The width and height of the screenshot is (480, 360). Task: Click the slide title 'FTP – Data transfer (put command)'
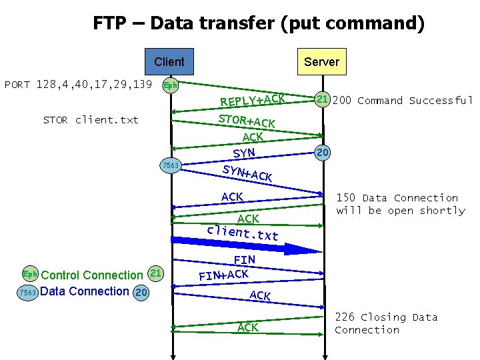coord(259,24)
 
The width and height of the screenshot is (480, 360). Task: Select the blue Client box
coord(169,62)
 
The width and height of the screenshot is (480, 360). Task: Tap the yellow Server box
coord(321,62)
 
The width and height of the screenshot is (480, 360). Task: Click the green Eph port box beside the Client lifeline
coord(171,85)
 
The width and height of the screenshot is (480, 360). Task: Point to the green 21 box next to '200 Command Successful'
coord(322,100)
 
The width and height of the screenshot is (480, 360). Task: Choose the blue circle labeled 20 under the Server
coord(323,153)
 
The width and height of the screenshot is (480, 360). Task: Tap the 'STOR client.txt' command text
coord(91,120)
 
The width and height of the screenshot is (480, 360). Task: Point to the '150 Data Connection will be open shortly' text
coord(401,204)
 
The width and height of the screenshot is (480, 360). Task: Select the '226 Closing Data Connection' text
coord(386,323)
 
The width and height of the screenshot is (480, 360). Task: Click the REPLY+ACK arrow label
coord(253,99)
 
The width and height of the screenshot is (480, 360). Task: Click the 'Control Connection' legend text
coord(92,275)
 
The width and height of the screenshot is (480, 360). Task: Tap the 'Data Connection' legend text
coord(85,291)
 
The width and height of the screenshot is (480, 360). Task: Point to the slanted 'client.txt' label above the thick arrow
coord(242,233)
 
